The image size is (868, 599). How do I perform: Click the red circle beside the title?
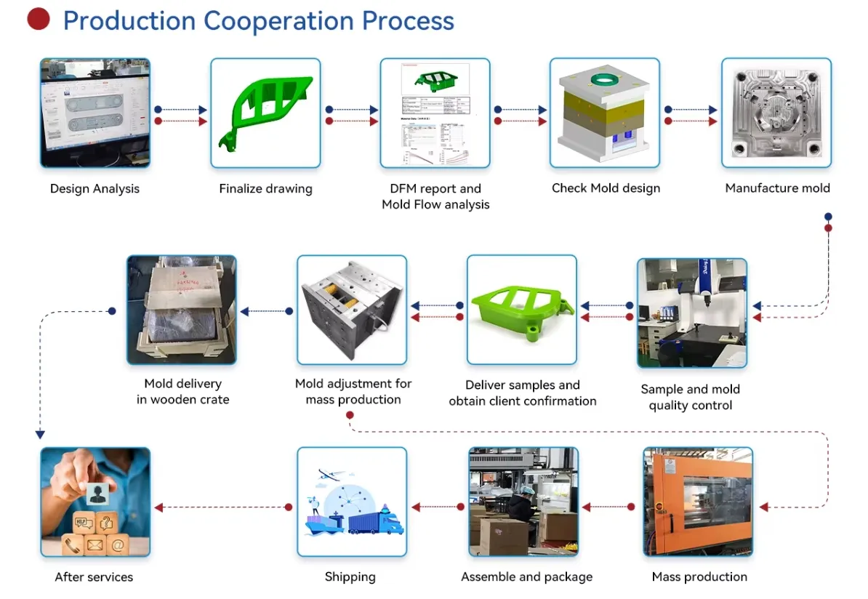[x=38, y=20]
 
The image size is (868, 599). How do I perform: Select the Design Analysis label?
[x=95, y=188]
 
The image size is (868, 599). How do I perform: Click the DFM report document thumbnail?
[x=435, y=113]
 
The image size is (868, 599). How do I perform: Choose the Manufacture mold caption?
[x=777, y=188]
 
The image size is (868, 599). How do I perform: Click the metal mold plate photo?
[x=776, y=113]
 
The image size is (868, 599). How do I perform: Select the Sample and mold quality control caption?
[x=691, y=397]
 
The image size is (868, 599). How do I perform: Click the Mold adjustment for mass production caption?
[x=353, y=391]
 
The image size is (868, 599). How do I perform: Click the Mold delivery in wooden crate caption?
[x=182, y=391]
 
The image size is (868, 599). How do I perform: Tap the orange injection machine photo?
[x=698, y=502]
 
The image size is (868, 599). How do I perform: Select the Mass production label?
[x=699, y=576]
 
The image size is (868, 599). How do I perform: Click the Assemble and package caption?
[x=526, y=576]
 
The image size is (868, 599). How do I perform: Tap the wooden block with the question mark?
[x=107, y=522]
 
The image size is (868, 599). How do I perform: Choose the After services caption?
[x=94, y=576]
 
